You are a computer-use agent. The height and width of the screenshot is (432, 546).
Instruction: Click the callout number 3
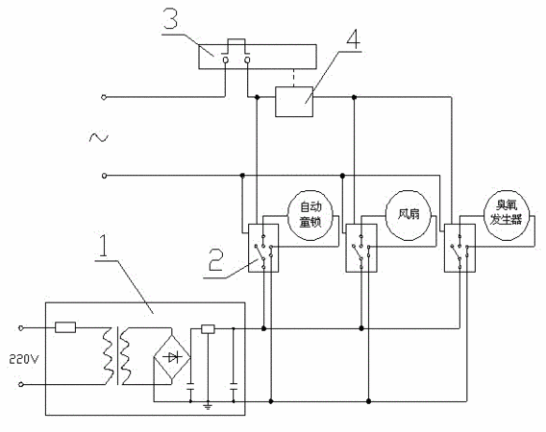click(171, 18)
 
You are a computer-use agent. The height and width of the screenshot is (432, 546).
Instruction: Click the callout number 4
click(354, 37)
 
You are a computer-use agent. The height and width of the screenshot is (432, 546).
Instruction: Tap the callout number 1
click(104, 246)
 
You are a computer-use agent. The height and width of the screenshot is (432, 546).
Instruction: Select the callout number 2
click(216, 259)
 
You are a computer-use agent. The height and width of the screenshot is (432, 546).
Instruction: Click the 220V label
click(24, 359)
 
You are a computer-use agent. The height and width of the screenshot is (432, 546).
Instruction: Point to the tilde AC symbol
click(99, 137)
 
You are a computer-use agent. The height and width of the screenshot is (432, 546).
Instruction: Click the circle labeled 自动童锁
click(310, 215)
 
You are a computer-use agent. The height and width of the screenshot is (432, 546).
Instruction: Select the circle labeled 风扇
click(409, 215)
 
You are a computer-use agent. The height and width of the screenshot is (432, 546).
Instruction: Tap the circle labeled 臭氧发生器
click(507, 215)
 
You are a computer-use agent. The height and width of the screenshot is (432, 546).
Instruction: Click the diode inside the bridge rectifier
click(173, 357)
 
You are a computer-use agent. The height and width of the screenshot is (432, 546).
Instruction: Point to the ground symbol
click(208, 405)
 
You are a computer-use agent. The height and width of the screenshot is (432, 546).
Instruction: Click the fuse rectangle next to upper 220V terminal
click(65, 327)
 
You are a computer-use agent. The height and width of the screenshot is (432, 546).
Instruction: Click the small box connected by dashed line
click(294, 102)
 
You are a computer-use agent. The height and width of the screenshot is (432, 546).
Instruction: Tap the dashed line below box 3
click(294, 78)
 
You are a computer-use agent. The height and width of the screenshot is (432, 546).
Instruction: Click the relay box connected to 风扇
click(361, 248)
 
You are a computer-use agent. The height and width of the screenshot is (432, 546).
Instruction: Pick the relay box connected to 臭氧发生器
click(459, 248)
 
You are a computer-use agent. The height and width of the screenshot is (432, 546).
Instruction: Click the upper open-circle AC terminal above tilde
click(104, 97)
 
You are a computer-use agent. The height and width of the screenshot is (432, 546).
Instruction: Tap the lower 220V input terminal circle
click(21, 384)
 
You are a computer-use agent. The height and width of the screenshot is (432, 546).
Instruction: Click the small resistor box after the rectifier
click(208, 329)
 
